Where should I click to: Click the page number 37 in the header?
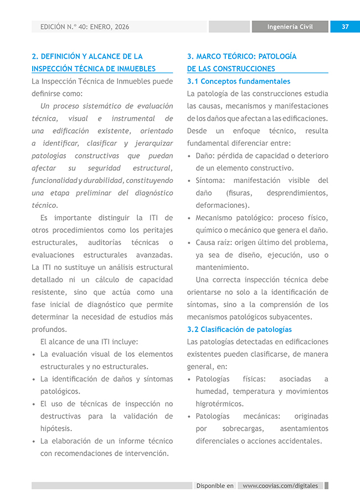click(345, 27)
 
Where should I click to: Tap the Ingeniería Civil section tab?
click(290, 27)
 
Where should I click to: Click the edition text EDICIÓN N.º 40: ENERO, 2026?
click(85, 27)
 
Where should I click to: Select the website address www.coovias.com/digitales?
click(280, 485)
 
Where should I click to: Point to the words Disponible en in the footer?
click(215, 485)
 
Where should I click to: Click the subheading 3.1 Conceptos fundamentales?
click(239, 81)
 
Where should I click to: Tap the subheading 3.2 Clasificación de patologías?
click(239, 329)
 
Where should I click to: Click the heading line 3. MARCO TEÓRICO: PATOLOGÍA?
click(241, 57)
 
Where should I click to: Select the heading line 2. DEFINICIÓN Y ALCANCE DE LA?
click(87, 57)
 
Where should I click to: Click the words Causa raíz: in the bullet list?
click(213, 243)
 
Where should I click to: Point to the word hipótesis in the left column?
click(56, 428)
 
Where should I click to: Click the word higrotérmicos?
click(219, 404)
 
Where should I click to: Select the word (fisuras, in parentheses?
click(239, 193)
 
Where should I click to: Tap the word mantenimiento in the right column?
click(222, 267)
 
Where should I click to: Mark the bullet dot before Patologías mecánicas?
click(190, 417)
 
